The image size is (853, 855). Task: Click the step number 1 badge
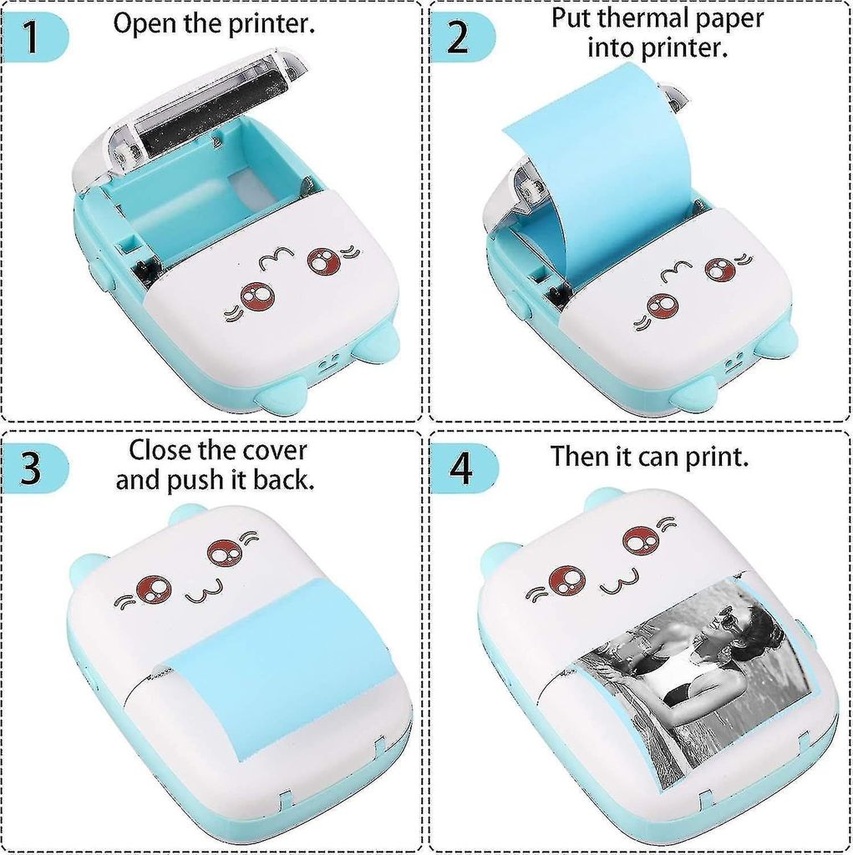pyautogui.click(x=32, y=38)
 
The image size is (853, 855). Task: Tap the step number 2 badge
pyautogui.click(x=458, y=38)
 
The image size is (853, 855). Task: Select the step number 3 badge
pyautogui.click(x=32, y=468)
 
